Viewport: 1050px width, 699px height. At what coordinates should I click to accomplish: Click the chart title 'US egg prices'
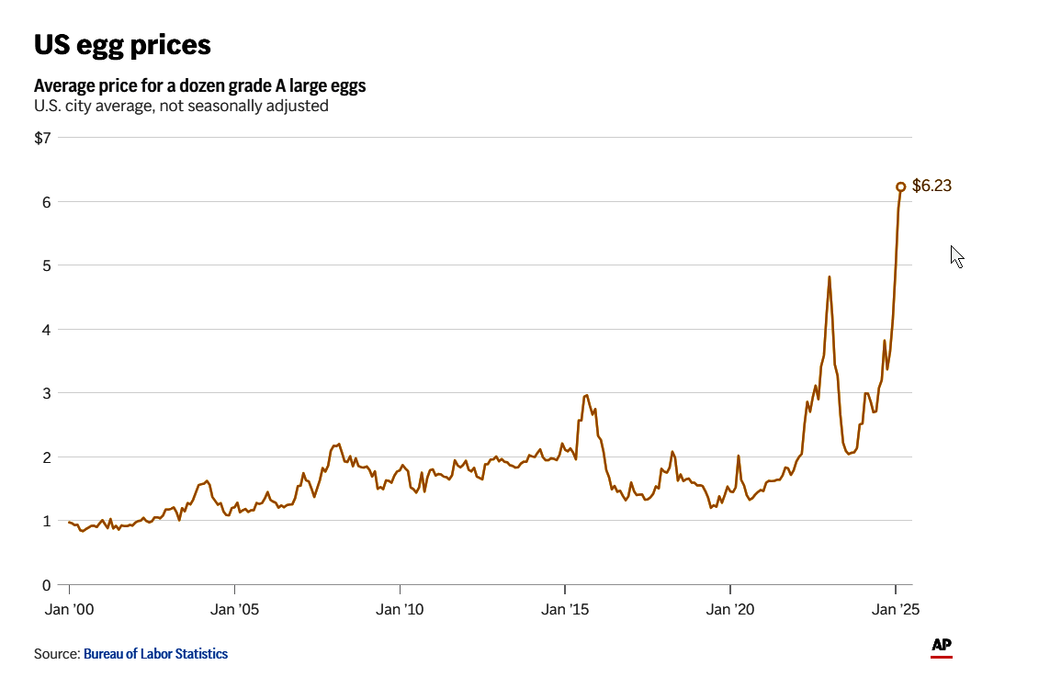pyautogui.click(x=122, y=44)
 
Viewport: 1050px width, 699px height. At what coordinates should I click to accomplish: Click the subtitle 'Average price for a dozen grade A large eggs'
pyautogui.click(x=199, y=86)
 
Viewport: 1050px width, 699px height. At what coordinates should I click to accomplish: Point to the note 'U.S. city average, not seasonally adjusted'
pyautogui.click(x=181, y=106)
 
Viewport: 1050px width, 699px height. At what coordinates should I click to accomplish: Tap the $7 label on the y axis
pyautogui.click(x=42, y=138)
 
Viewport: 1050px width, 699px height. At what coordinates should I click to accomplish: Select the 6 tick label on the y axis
pyautogui.click(x=46, y=202)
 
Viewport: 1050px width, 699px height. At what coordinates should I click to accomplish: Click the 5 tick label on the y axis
pyautogui.click(x=46, y=265)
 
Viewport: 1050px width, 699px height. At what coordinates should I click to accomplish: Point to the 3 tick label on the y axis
pyautogui.click(x=46, y=393)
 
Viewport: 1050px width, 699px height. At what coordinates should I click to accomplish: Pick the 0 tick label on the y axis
pyautogui.click(x=46, y=585)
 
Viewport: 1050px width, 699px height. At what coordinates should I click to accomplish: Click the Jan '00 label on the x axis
pyautogui.click(x=70, y=608)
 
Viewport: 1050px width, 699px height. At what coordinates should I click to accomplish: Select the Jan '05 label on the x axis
pyautogui.click(x=234, y=608)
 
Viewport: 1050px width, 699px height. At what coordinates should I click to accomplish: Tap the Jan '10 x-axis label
pyautogui.click(x=400, y=608)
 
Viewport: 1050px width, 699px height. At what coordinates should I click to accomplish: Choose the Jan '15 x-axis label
pyautogui.click(x=565, y=608)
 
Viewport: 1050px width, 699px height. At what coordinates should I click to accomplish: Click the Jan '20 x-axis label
pyautogui.click(x=730, y=608)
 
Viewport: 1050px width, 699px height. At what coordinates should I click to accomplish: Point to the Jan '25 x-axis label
pyautogui.click(x=896, y=608)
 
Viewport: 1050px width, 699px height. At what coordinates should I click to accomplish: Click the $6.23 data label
pyautogui.click(x=931, y=186)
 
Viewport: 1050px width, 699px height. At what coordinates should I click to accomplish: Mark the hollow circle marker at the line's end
pyautogui.click(x=900, y=186)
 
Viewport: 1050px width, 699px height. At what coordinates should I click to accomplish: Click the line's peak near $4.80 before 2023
pyautogui.click(x=830, y=276)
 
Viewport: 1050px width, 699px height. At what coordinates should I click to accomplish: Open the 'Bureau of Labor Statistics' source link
pyautogui.click(x=155, y=654)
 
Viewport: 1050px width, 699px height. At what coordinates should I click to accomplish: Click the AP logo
pyautogui.click(x=942, y=647)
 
